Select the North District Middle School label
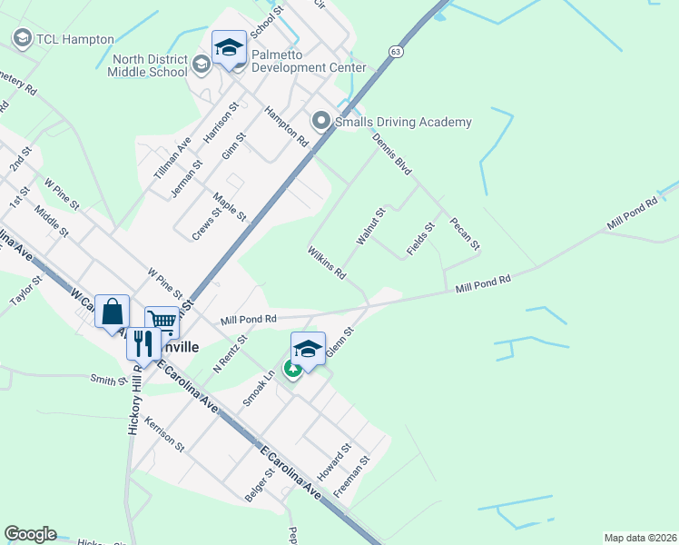pyautogui.click(x=149, y=66)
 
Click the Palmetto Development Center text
pyautogui.click(x=309, y=61)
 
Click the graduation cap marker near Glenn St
pyautogui.click(x=308, y=349)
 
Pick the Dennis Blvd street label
pyautogui.click(x=392, y=153)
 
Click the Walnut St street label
pyautogui.click(x=371, y=225)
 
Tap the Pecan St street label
pyautogui.click(x=464, y=233)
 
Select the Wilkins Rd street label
pyautogui.click(x=327, y=262)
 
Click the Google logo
pyautogui.click(x=30, y=534)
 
